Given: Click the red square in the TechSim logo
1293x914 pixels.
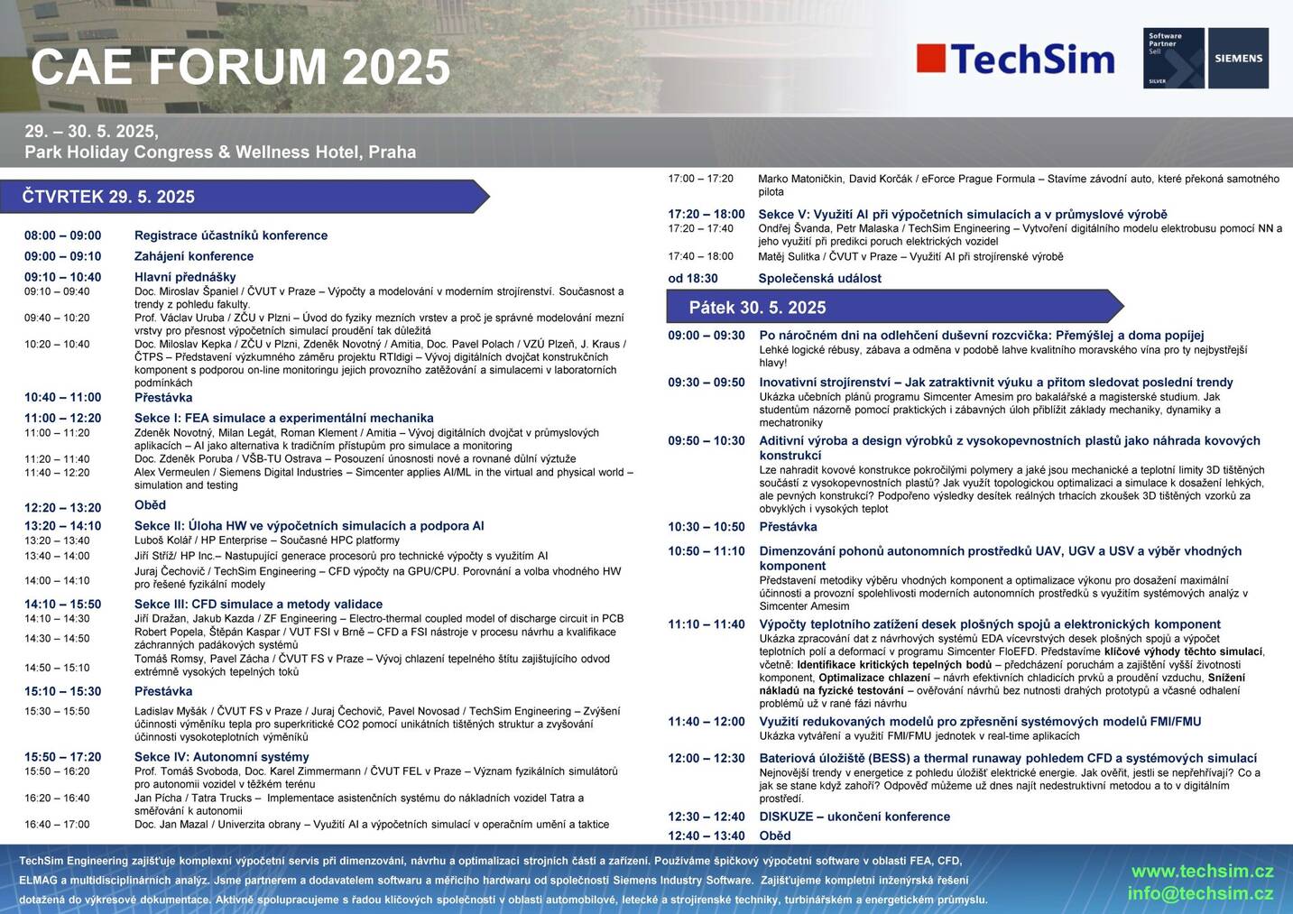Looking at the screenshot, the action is point(930,59).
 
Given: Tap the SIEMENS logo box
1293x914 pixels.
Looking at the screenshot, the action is point(1238,58).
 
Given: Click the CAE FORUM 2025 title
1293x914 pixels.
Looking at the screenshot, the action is point(240,67).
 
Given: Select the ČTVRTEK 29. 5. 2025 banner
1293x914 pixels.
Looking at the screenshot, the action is point(245,197).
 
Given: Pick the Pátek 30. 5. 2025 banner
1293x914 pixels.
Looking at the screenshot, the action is point(895,307).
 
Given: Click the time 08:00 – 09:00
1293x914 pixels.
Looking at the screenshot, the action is point(62,235).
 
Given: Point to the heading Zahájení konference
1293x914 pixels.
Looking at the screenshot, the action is point(194,255).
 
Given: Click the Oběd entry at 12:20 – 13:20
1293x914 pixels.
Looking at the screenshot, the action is point(150,504).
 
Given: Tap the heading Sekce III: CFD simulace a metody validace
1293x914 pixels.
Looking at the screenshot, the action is point(258,604).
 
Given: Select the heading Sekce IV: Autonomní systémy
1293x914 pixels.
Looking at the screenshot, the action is point(222,756).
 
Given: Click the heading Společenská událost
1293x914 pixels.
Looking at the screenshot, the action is point(819,278).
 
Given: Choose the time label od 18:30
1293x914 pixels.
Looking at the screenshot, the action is point(693,278).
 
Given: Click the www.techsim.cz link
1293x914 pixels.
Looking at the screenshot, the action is point(1203,871).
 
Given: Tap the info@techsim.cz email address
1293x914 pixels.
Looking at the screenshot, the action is point(1200,893).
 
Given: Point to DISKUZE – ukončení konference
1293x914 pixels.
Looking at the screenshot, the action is point(854,817).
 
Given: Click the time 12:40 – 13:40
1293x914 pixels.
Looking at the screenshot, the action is point(707,836).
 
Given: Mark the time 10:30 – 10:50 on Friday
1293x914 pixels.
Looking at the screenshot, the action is point(707,527).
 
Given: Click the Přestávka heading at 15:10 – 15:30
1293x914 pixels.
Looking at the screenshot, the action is point(163,691).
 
